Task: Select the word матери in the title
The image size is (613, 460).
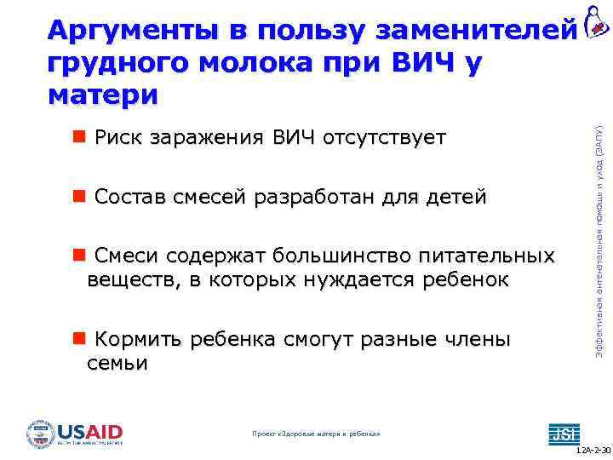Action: click(x=103, y=95)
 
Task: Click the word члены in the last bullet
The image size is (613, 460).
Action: click(x=477, y=340)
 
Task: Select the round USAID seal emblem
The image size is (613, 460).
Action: click(x=40, y=434)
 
